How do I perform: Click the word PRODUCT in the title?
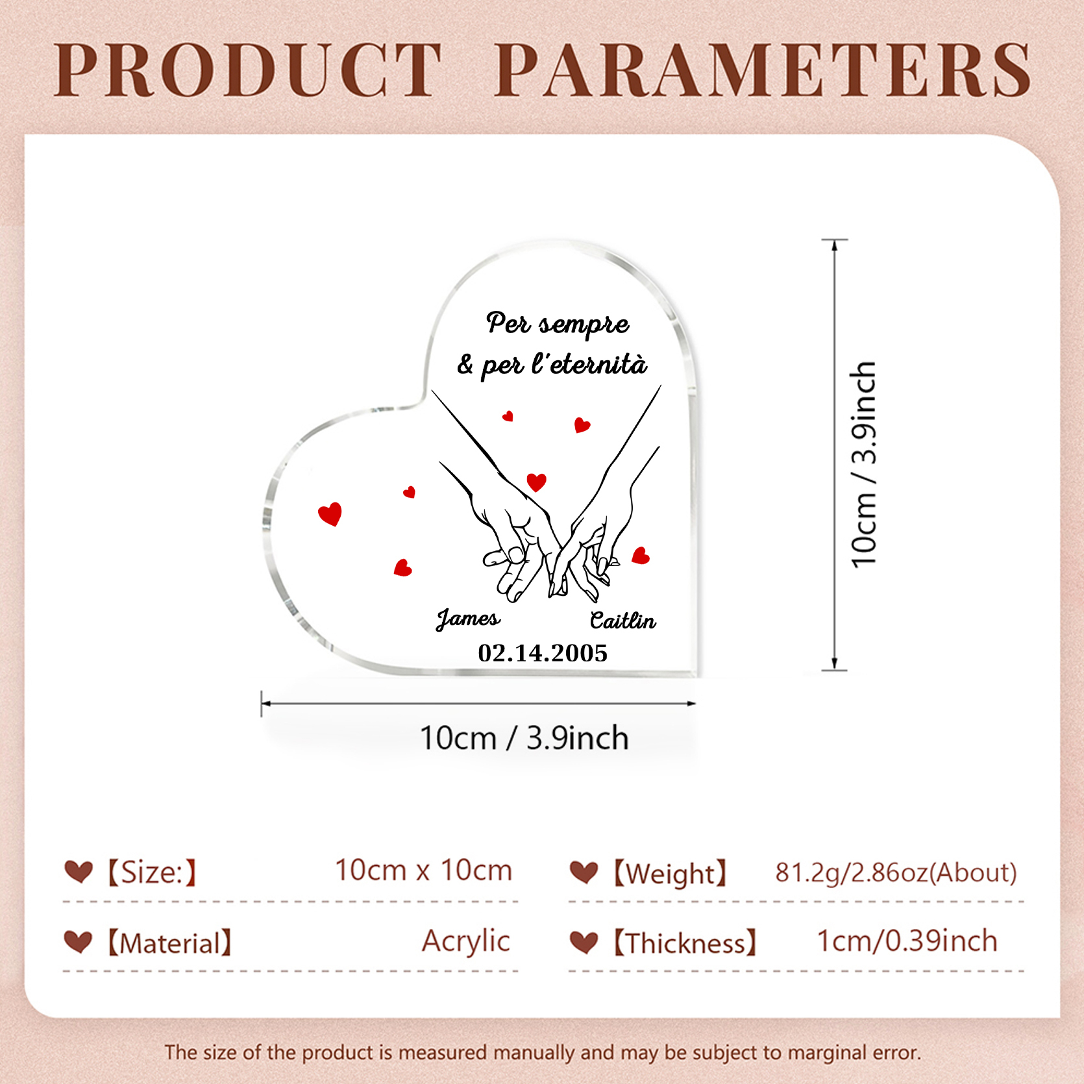[247, 70]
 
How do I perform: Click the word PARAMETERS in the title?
[763, 70]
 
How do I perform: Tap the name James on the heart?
[468, 619]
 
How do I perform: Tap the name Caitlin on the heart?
[622, 621]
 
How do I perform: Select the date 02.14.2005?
[543, 653]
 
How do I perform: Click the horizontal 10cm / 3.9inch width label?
[524, 738]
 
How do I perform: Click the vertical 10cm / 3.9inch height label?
[864, 464]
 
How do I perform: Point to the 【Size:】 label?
[151, 872]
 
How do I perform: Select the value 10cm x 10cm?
[423, 870]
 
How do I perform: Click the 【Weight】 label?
[669, 874]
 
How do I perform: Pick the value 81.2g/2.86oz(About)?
[896, 873]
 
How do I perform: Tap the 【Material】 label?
[169, 943]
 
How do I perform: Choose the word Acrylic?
[465, 942]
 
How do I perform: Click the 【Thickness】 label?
[685, 943]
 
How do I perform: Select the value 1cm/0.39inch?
[907, 941]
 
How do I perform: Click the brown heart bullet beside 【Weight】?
[584, 872]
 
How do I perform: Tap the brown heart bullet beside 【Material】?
[79, 942]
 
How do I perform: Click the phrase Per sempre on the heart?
[558, 323]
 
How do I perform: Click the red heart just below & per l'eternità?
[508, 416]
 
